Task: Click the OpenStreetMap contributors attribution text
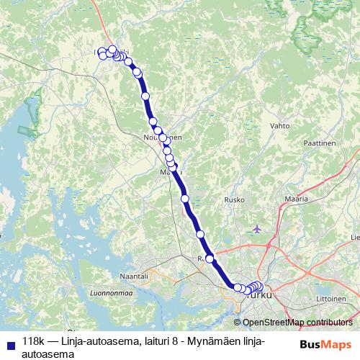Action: coord(297,323)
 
